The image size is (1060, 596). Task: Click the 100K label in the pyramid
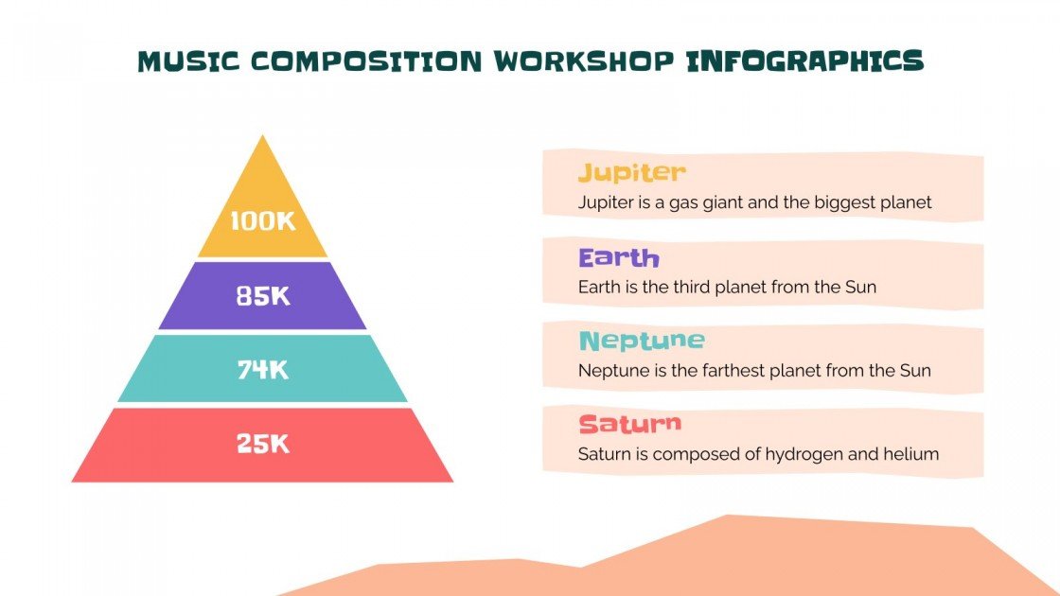point(263,222)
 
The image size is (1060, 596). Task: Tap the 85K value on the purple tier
point(263,296)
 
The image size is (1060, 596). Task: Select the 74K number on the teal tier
point(263,370)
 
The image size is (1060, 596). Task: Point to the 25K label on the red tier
point(263,443)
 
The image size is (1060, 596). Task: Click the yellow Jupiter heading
point(631,172)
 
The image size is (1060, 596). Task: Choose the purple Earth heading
point(618,257)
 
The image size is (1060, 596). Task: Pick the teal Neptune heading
point(642,341)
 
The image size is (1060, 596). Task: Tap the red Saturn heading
point(629,424)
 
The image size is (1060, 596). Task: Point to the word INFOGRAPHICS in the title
point(804,61)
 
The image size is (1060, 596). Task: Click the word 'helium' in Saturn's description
point(912,454)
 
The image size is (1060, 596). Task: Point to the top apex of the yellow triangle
point(262,138)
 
